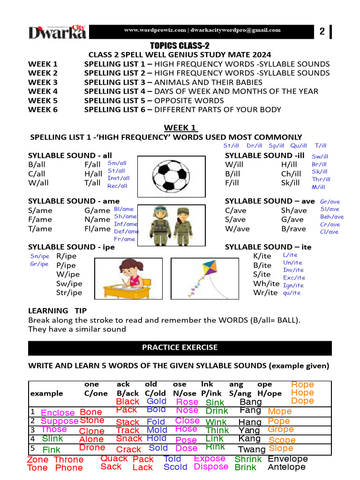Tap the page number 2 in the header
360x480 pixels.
pyautogui.click(x=322, y=32)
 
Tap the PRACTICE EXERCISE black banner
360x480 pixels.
pyautogui.click(x=180, y=348)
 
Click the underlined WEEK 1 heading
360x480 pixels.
pyautogui.click(x=180, y=128)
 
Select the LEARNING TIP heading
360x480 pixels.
pyautogui.click(x=57, y=311)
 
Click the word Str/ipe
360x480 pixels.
pyautogui.click(x=69, y=292)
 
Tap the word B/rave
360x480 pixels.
pyautogui.click(x=293, y=229)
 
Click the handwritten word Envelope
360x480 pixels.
pyautogui.click(x=288, y=458)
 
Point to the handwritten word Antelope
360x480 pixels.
pyautogui.click(x=286, y=467)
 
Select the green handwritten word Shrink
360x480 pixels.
pyautogui.click(x=248, y=459)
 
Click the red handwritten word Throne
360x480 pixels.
pyautogui.click(x=68, y=460)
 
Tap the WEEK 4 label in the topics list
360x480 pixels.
pyautogui.click(x=43, y=91)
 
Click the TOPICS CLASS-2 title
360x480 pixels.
pyautogui.click(x=180, y=45)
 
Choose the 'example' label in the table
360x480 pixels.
pyautogui.click(x=46, y=394)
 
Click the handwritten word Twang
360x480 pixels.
pyautogui.click(x=252, y=450)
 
